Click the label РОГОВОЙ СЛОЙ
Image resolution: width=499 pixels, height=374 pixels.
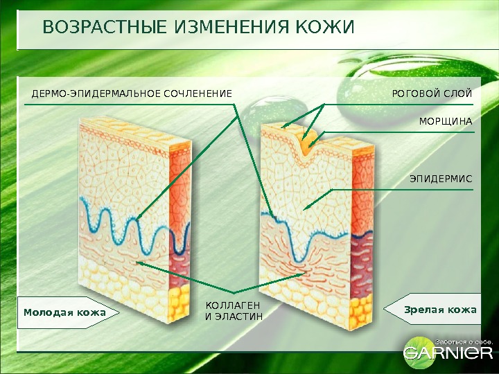click(432, 93)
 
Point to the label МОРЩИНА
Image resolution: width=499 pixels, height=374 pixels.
click(446, 121)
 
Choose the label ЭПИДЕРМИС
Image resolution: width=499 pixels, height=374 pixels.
click(441, 179)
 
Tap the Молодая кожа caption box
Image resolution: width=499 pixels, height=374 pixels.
click(67, 312)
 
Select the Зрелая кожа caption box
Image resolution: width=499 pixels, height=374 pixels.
click(437, 310)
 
